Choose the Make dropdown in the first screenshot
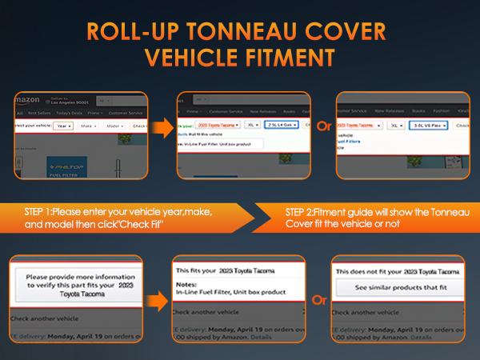(x=88, y=126)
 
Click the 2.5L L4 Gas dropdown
(x=282, y=126)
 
